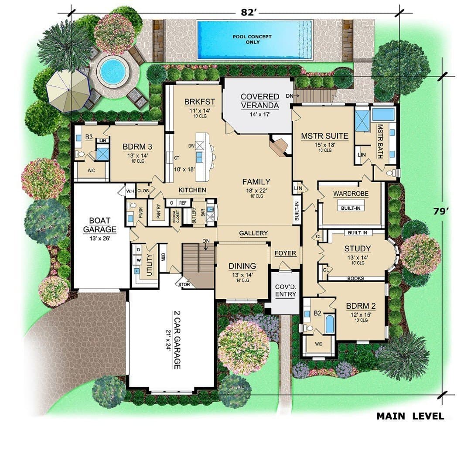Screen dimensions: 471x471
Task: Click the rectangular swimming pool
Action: pos(255,39)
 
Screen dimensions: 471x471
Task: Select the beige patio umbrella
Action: pos(68,91)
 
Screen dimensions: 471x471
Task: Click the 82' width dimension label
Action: pos(248,12)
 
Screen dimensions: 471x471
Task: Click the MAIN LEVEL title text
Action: pos(410,416)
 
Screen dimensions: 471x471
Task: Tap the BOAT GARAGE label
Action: pos(100,225)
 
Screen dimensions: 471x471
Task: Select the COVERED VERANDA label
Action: pos(260,101)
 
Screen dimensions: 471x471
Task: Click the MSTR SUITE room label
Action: pos(325,136)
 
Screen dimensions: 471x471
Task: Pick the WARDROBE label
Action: pos(351,194)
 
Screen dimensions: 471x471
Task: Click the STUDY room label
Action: pos(358,249)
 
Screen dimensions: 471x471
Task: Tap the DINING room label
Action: pos(242,266)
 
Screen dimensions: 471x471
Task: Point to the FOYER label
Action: pos(285,253)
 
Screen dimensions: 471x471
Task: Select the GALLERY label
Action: pos(253,233)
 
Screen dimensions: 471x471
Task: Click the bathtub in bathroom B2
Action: pos(330,324)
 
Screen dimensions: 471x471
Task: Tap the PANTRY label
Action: pos(159,211)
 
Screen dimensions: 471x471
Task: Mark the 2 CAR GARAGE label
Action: pos(177,340)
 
